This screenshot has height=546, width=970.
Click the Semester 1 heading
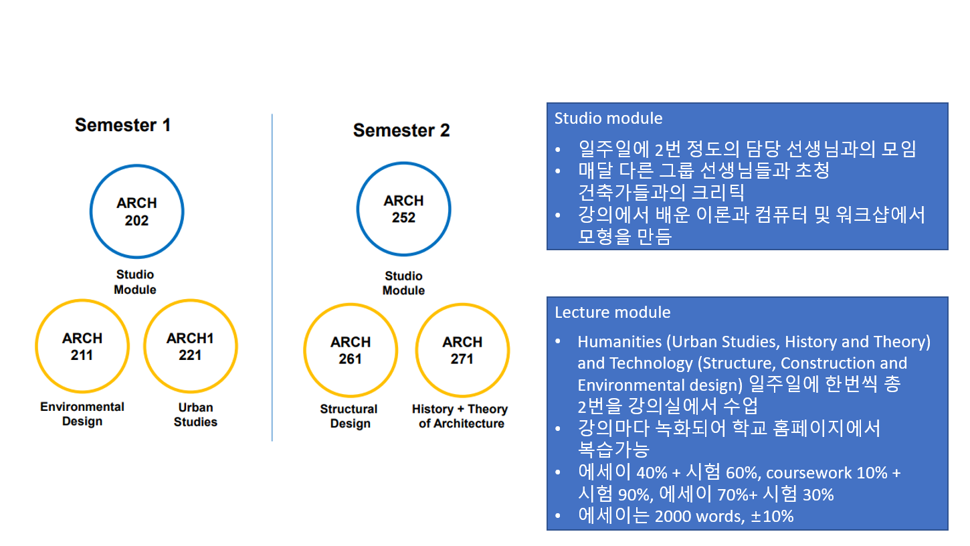tap(122, 125)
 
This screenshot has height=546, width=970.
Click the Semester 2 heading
tap(401, 130)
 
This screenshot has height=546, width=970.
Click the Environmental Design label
tap(82, 414)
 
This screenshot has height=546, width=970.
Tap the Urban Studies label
tap(195, 415)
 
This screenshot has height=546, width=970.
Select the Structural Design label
tap(349, 416)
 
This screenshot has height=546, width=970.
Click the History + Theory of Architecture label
tap(460, 416)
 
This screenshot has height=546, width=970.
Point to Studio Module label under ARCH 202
tap(135, 282)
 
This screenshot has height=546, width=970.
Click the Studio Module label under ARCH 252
tap(403, 283)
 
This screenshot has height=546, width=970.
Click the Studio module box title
tap(608, 118)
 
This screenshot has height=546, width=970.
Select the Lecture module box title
tap(612, 312)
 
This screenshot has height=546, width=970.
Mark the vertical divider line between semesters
tap(272, 278)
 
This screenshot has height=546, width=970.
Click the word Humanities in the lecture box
tap(619, 342)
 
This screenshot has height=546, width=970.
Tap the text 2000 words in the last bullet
tap(699, 516)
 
